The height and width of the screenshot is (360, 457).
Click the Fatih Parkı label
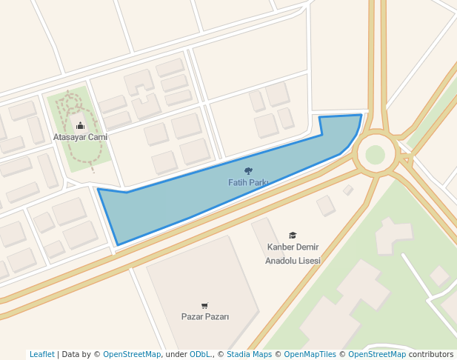click(248, 182)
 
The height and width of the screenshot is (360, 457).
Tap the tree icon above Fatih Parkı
click(248, 171)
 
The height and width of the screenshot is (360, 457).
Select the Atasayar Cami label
click(80, 137)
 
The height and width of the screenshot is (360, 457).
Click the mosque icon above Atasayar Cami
click(80, 126)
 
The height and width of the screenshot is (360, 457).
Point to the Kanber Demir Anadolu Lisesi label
click(293, 253)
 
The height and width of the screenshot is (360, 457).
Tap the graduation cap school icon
click(293, 236)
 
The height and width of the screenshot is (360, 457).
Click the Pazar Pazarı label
click(205, 317)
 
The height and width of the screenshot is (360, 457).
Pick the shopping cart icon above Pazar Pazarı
click(205, 305)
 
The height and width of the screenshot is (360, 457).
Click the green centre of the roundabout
click(375, 154)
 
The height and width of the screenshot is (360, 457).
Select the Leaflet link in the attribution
click(42, 355)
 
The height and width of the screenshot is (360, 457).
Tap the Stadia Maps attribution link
click(248, 355)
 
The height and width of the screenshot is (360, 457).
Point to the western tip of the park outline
click(98, 189)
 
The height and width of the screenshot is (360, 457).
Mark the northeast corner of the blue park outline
click(361, 115)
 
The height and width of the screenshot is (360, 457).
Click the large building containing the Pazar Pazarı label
click(200, 289)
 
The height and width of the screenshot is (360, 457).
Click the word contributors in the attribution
click(431, 355)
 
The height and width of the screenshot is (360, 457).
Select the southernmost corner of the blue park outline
click(117, 245)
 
